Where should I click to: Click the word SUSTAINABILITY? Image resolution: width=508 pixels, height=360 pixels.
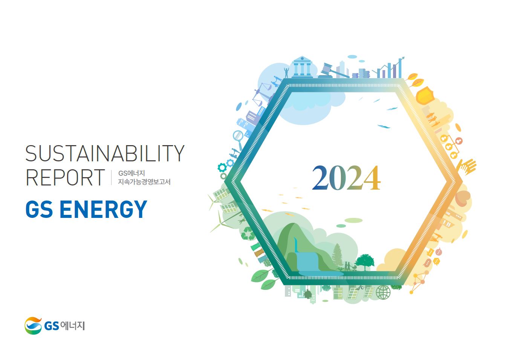point(105,153)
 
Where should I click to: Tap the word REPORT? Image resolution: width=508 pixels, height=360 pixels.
point(65,178)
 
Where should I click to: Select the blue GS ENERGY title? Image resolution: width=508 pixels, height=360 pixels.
point(86,209)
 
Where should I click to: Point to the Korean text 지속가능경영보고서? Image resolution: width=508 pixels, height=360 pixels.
point(144,182)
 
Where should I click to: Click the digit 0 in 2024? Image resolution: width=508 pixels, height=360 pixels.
point(337,178)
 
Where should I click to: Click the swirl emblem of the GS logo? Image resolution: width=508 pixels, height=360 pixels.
point(33,326)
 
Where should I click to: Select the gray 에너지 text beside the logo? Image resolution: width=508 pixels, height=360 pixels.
point(72,326)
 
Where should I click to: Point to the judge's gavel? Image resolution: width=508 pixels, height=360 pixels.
point(334,71)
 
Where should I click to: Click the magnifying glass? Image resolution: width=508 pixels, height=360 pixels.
point(238,138)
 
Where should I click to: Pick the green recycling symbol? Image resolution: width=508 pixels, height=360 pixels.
point(248,234)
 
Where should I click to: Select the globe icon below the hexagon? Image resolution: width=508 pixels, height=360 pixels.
point(383,292)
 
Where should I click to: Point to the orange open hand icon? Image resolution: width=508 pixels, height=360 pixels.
point(467,167)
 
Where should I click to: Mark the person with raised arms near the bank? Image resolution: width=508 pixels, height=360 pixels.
point(287,72)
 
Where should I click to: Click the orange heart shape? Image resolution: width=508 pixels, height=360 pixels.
point(463,198)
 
